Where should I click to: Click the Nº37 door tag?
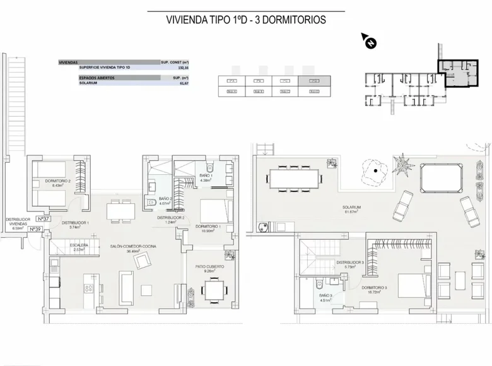click(x=44, y=219)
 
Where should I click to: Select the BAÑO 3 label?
click(x=326, y=296)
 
